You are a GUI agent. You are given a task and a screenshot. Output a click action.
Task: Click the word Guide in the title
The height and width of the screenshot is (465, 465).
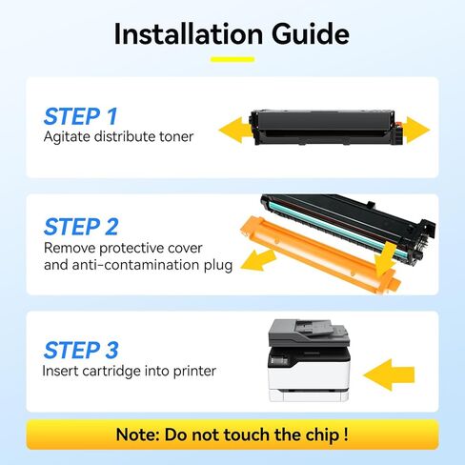pyautogui.click(x=302, y=34)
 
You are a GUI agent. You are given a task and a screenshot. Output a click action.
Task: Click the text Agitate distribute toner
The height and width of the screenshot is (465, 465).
pyautogui.click(x=118, y=137)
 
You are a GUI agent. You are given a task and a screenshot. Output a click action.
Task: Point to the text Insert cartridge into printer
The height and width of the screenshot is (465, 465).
pyautogui.click(x=130, y=371)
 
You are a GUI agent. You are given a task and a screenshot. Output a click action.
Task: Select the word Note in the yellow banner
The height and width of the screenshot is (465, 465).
pyautogui.click(x=139, y=435)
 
